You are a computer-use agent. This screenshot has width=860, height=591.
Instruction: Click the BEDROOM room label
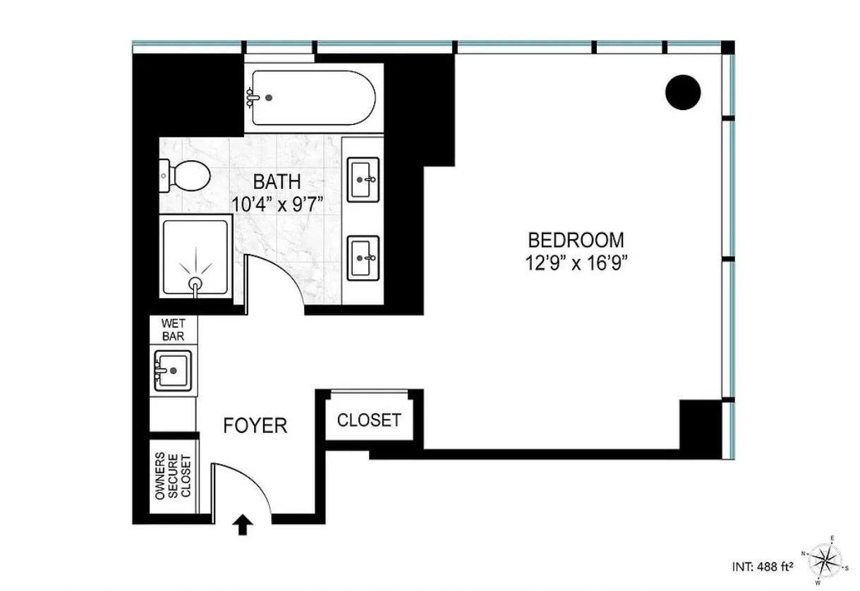click(576, 239)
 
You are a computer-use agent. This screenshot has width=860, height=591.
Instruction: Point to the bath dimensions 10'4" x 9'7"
click(277, 204)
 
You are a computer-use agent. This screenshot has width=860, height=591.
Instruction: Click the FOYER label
click(255, 426)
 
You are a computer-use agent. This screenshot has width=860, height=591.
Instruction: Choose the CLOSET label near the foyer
click(369, 420)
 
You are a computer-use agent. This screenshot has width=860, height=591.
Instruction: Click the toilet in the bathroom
click(185, 174)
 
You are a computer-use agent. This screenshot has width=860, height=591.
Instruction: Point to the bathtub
click(310, 98)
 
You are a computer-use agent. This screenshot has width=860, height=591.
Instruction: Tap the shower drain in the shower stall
click(195, 284)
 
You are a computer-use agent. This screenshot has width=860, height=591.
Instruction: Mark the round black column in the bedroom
click(683, 92)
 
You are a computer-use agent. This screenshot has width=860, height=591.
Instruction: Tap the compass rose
click(821, 560)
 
